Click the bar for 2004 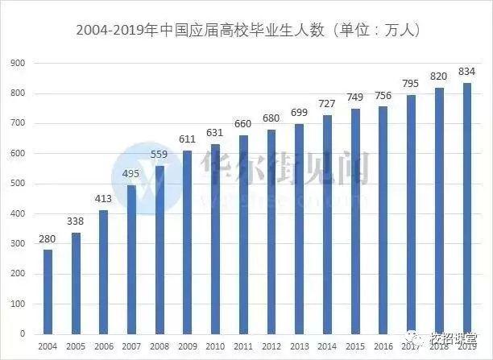(x=48, y=291)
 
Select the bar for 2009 (x=187, y=242)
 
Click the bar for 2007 (x=131, y=259)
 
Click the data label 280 (x=48, y=239)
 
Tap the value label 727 (x=327, y=105)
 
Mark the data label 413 (x=104, y=199)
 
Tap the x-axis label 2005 (x=77, y=346)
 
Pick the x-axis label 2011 (x=243, y=346)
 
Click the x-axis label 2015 (x=354, y=346)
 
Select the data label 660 (x=243, y=125)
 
